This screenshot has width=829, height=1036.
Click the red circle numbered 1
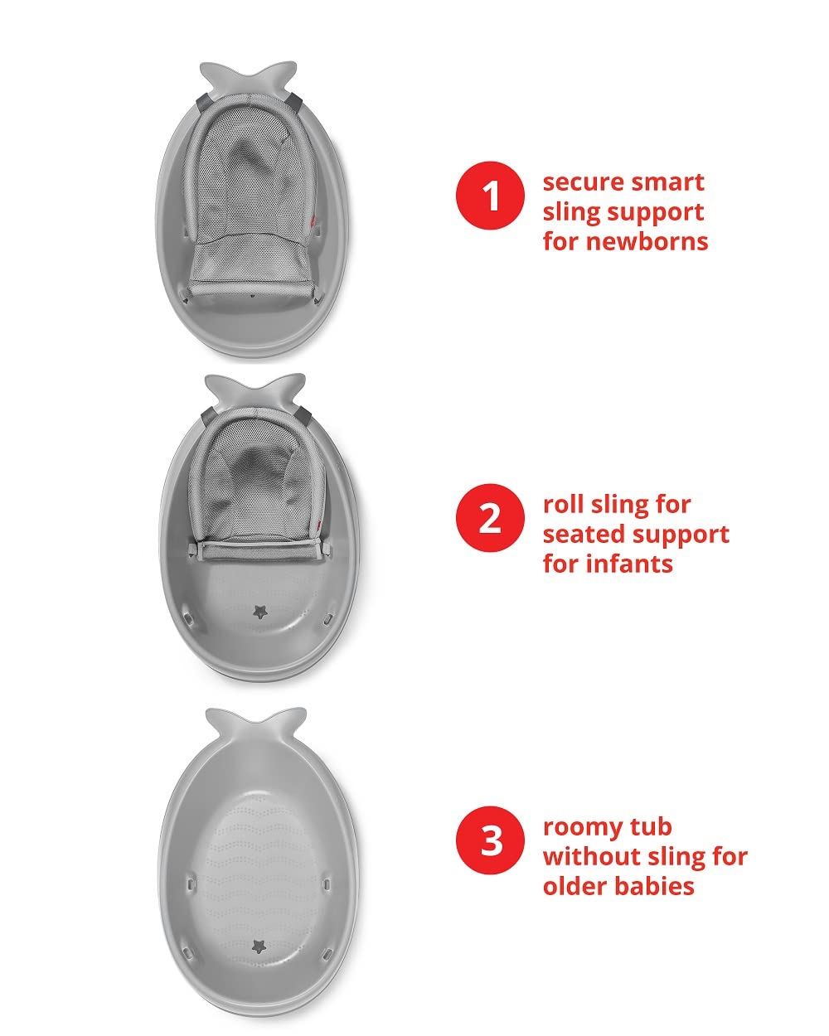(x=490, y=196)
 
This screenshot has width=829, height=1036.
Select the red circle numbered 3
(x=490, y=840)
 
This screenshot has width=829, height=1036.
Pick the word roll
(x=563, y=504)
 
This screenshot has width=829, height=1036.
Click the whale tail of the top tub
(x=250, y=75)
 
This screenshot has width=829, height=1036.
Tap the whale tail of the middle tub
(x=254, y=390)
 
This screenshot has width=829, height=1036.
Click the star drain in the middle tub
(x=261, y=612)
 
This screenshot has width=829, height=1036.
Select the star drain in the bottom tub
(x=260, y=946)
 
